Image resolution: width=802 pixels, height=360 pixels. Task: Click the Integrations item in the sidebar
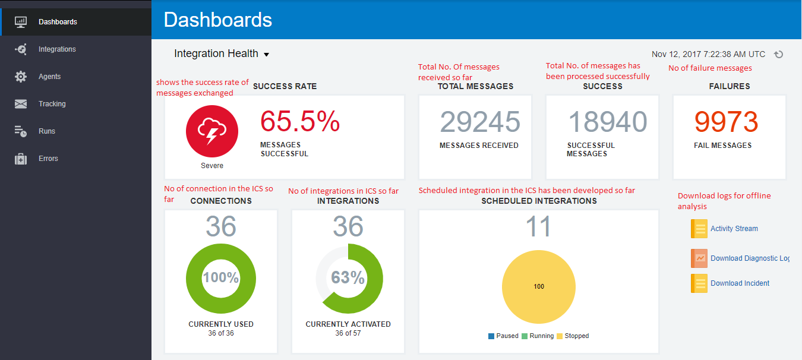pyautogui.click(x=57, y=49)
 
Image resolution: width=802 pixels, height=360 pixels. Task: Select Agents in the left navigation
pyautogui.click(x=50, y=77)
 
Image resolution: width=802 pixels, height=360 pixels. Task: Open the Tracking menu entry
pyautogui.click(x=52, y=104)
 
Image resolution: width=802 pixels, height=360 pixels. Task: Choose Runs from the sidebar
pyautogui.click(x=47, y=131)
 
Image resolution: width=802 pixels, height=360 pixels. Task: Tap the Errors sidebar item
pyautogui.click(x=48, y=159)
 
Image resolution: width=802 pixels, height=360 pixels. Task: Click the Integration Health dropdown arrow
pyautogui.click(x=266, y=55)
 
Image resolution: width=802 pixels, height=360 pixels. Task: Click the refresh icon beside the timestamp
pyautogui.click(x=779, y=54)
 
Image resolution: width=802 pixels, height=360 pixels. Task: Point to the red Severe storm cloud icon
pyautogui.click(x=212, y=132)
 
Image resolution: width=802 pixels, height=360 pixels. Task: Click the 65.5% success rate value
pyautogui.click(x=300, y=122)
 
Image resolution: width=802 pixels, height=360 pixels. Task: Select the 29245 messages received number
pyautogui.click(x=480, y=122)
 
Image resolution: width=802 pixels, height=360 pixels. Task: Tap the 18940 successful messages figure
pyautogui.click(x=607, y=122)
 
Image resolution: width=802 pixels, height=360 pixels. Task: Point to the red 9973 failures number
pyautogui.click(x=727, y=122)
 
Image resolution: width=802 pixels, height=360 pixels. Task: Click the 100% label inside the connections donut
pyautogui.click(x=221, y=277)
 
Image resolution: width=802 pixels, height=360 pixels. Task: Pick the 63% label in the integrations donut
pyautogui.click(x=348, y=277)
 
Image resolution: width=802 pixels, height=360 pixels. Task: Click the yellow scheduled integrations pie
pyautogui.click(x=539, y=287)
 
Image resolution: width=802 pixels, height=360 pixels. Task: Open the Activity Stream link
pyautogui.click(x=734, y=229)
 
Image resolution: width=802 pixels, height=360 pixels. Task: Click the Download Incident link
pyautogui.click(x=740, y=283)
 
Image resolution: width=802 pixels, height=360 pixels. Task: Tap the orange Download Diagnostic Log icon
pyautogui.click(x=699, y=258)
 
